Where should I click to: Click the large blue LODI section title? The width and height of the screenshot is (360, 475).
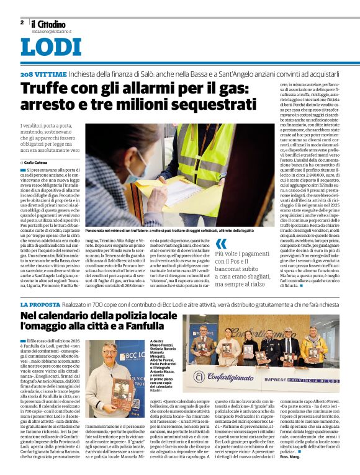(x=51, y=48)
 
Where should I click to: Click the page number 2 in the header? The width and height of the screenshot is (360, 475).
(x=22, y=22)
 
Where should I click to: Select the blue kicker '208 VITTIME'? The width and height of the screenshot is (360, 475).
(x=42, y=74)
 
